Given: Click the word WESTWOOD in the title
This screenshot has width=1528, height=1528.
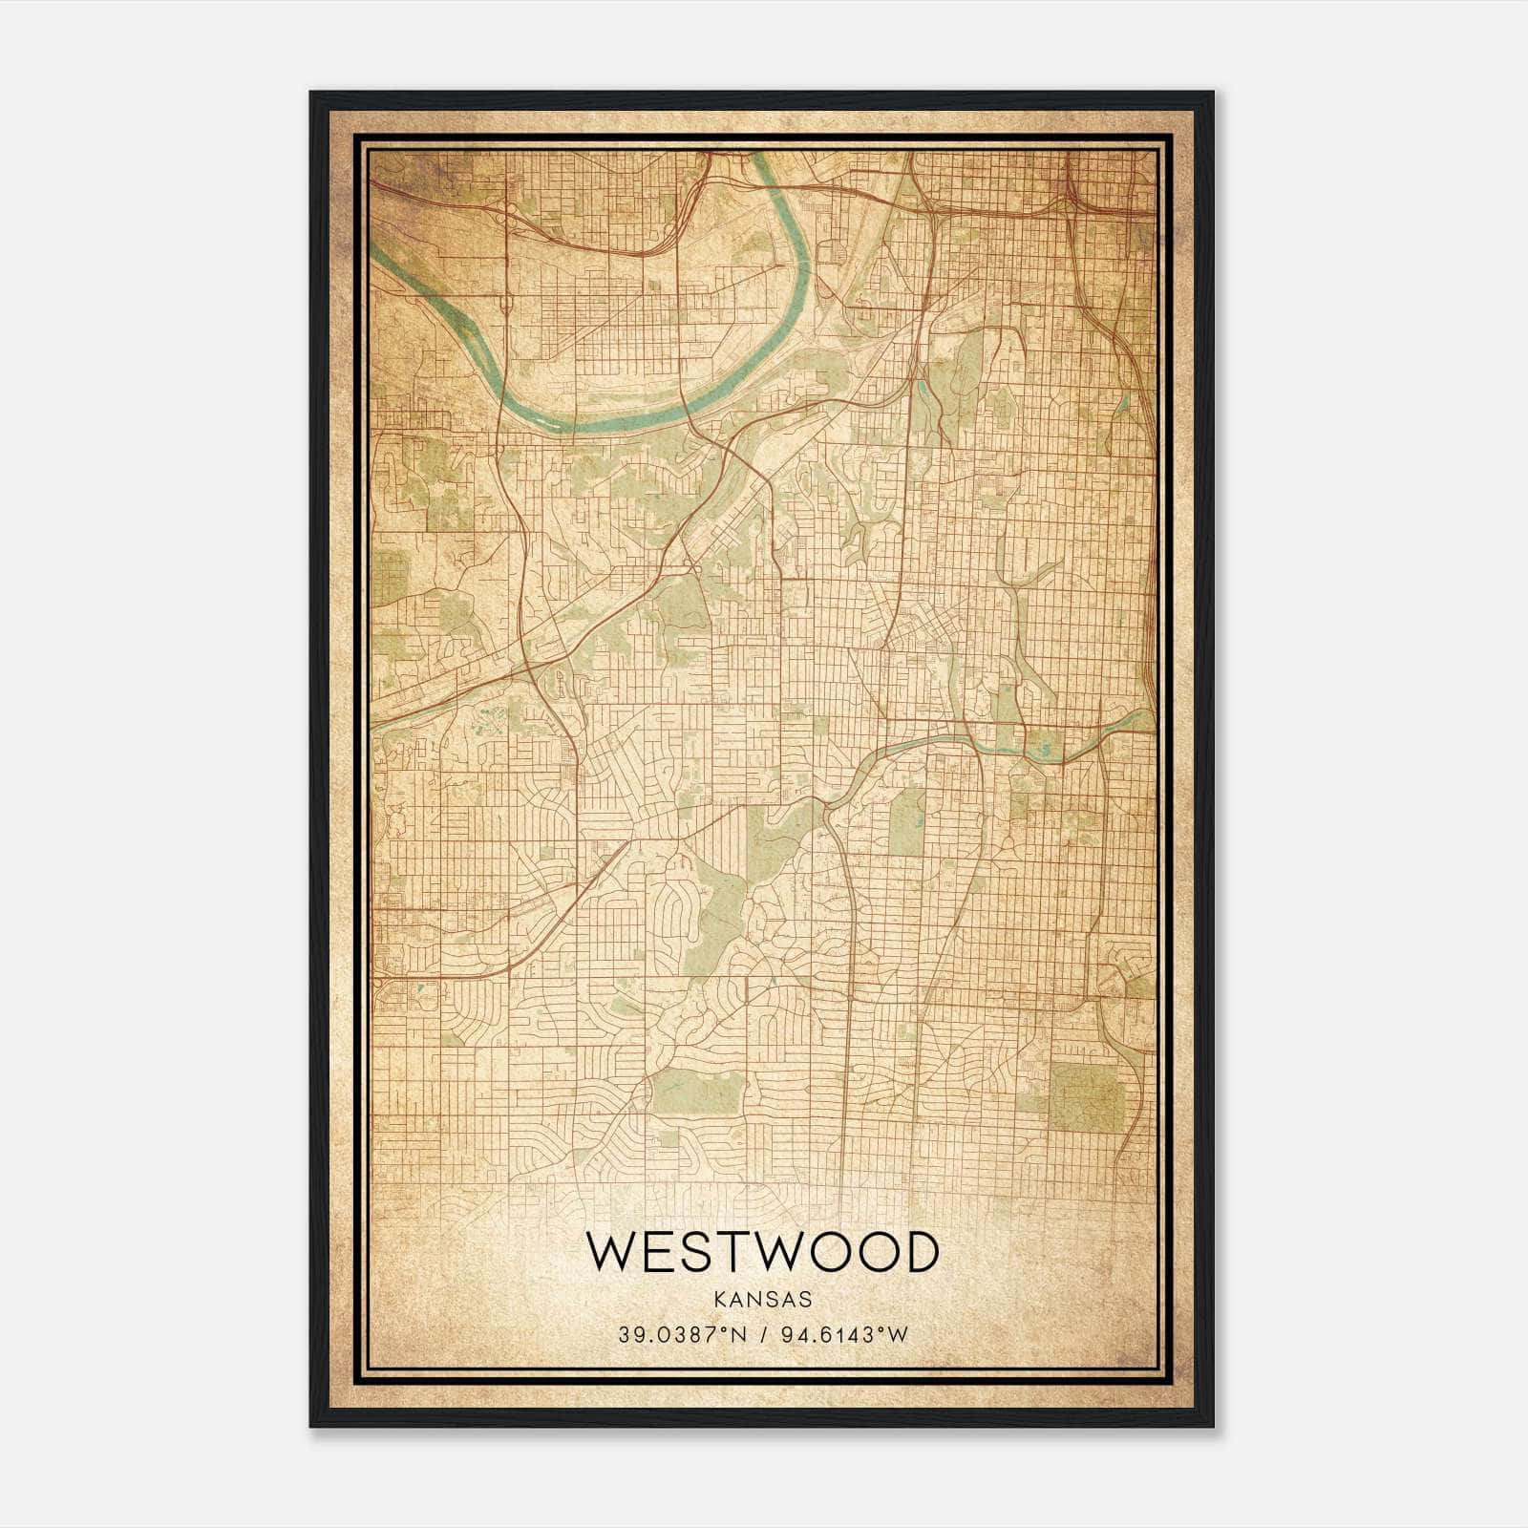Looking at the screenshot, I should pos(761,1252).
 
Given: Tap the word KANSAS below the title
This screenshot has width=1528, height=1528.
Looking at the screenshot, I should pos(761,1300).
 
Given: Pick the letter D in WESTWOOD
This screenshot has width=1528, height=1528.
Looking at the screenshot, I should pos(920,1252).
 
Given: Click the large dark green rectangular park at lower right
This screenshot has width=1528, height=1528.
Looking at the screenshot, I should pos(1088,1098).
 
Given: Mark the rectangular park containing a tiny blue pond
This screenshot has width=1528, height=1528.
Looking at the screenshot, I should pos(906,822).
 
